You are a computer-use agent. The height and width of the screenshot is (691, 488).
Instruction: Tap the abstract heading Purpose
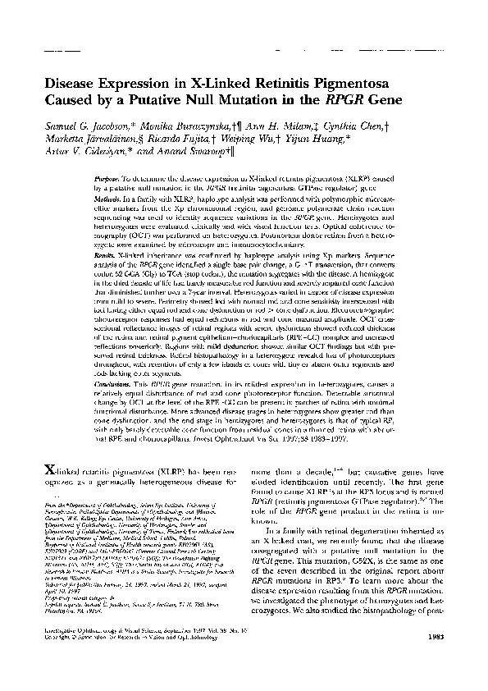coord(107,177)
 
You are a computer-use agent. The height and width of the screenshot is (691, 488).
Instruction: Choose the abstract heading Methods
coord(107,198)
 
